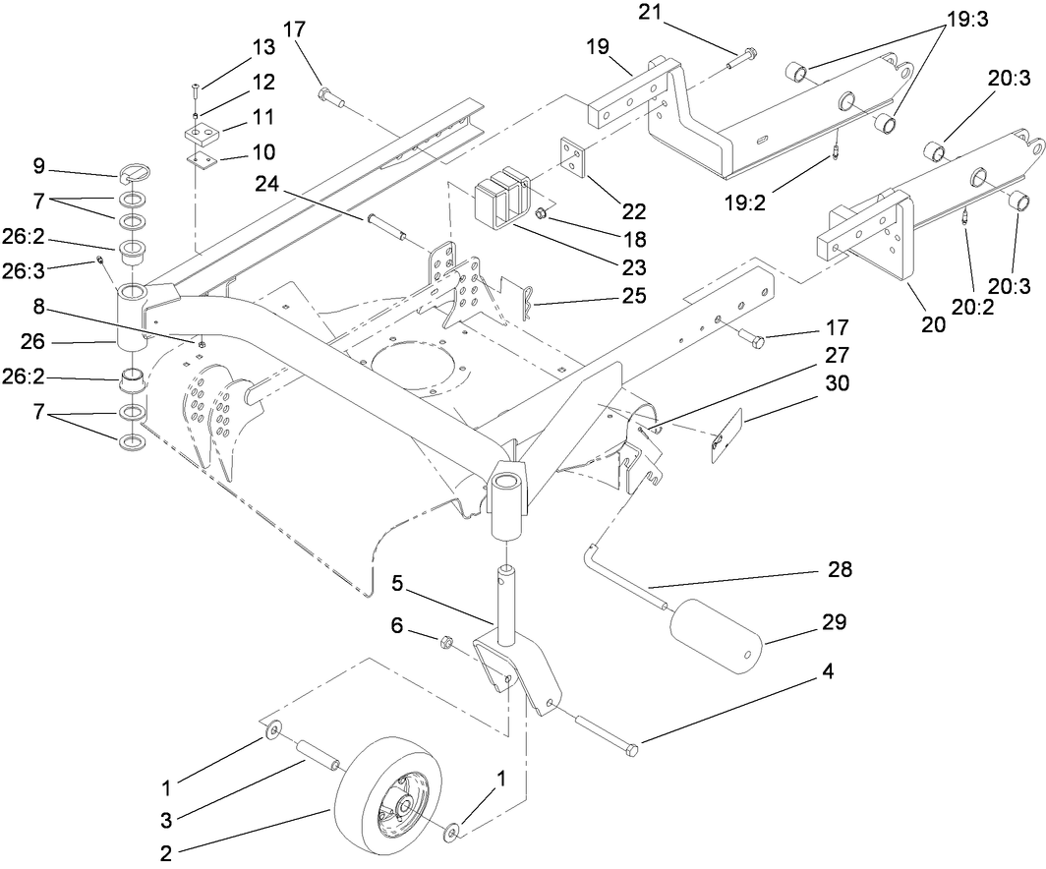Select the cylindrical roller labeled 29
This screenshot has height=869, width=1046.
click(x=716, y=636)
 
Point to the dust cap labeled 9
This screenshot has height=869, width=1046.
click(x=138, y=174)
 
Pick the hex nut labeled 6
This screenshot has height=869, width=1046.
click(x=444, y=644)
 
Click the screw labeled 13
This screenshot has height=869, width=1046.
click(x=196, y=93)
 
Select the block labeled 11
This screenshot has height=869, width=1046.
click(x=203, y=130)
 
